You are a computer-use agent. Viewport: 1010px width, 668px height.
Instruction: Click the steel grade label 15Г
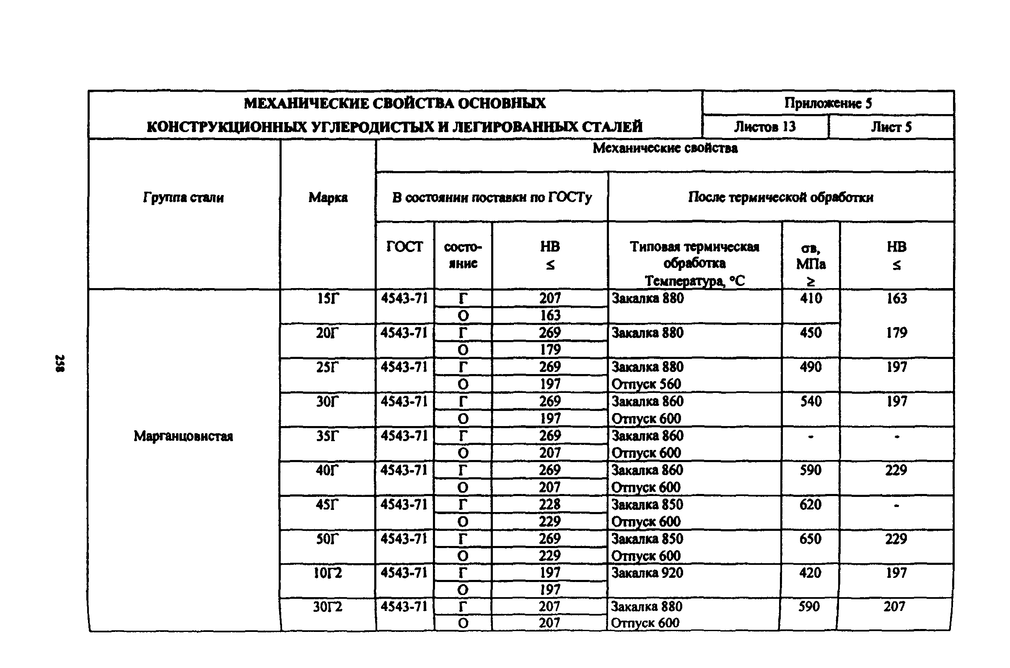tap(327, 299)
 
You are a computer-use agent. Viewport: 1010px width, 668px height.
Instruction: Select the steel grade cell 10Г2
tap(327, 573)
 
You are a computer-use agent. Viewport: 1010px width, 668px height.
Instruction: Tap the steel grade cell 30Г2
tap(327, 607)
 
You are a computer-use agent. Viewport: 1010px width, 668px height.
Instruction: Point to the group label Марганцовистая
tap(183, 436)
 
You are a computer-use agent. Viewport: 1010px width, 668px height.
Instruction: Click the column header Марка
tap(328, 198)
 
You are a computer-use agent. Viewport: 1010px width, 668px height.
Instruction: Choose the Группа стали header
tap(183, 198)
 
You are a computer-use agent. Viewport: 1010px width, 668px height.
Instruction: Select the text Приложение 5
tap(828, 103)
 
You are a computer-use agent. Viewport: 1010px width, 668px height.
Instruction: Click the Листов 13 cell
tap(765, 127)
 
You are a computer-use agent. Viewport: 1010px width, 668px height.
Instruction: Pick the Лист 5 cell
tap(891, 127)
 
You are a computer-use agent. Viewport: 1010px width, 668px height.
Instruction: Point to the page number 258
tap(60, 363)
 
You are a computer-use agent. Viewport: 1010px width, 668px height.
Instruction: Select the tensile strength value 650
tap(810, 539)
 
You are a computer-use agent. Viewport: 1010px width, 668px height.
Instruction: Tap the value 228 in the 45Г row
tap(549, 504)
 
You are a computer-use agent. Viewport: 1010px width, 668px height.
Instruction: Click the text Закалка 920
tap(647, 573)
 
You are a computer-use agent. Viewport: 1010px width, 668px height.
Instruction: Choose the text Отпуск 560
tap(646, 384)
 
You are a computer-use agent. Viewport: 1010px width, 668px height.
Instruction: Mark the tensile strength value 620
tap(810, 504)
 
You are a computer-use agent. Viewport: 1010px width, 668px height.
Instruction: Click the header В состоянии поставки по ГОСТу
tap(492, 198)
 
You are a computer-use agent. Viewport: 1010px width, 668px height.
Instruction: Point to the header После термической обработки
tap(780, 197)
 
